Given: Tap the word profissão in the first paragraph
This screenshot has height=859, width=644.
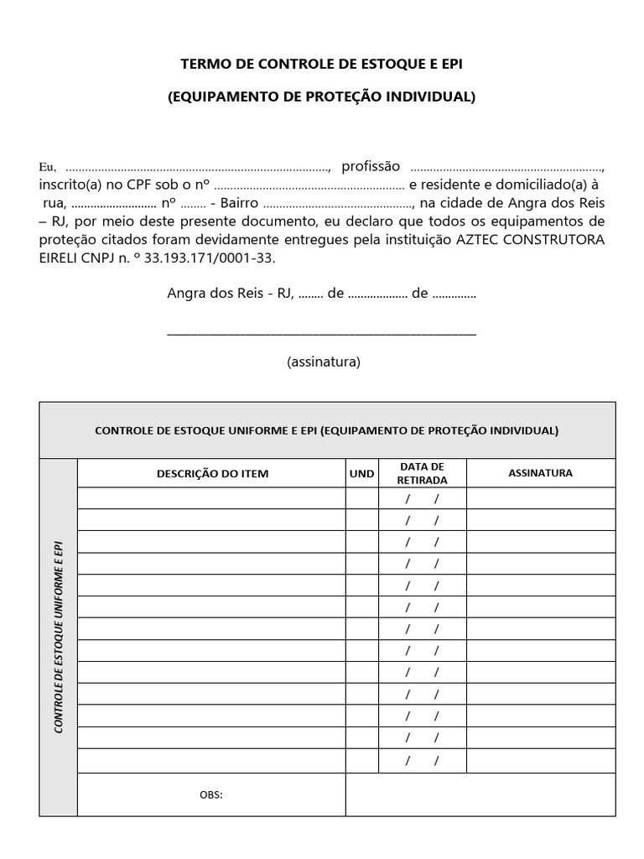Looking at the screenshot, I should (x=371, y=165).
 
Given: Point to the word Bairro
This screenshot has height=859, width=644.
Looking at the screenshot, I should (x=240, y=203).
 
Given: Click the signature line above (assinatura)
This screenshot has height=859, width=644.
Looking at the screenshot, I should (x=322, y=333).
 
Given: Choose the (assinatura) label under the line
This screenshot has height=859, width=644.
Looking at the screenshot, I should (x=323, y=362).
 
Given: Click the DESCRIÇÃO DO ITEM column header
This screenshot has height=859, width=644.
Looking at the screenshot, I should (x=212, y=473).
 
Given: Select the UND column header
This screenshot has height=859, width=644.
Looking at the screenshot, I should (x=361, y=473).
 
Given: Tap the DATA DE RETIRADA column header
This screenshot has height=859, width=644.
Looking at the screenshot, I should (x=423, y=473).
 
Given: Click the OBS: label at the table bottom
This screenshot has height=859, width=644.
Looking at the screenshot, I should (x=211, y=794).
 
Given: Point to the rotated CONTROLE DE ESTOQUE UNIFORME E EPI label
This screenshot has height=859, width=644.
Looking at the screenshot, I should (x=59, y=638).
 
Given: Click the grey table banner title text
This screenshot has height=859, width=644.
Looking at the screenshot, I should (x=326, y=430).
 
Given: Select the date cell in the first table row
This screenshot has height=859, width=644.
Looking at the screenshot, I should (x=423, y=499).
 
